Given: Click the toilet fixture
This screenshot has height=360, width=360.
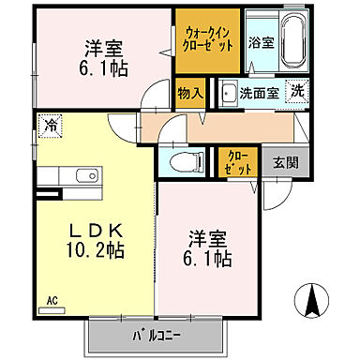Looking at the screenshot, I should [x=177, y=161].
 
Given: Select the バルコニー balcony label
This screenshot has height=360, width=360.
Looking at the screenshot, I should [x=154, y=335].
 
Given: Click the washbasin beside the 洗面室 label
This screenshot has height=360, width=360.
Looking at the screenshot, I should [x=227, y=93].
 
